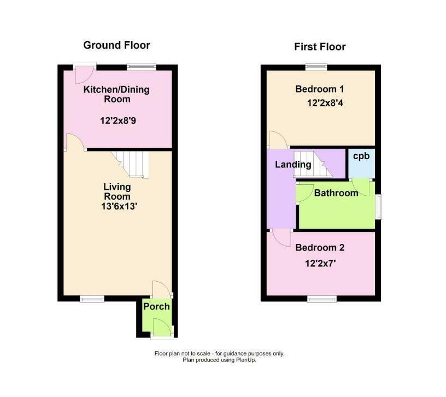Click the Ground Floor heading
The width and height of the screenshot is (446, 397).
click(116, 45)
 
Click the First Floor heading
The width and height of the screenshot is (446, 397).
click(320, 46)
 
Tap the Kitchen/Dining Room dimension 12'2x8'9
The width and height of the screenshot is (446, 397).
click(118, 121)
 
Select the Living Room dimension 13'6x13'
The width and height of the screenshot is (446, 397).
click(119, 206)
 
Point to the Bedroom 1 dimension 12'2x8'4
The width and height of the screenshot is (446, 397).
click(325, 103)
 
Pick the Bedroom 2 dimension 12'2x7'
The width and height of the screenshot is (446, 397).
click(320, 264)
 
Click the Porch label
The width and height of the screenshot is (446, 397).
click(156, 307)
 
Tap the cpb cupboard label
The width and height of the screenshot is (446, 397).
click(361, 156)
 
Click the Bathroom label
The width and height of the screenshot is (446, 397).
click(336, 193)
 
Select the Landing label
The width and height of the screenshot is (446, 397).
click(293, 165)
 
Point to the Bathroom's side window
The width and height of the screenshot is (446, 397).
click(378, 207)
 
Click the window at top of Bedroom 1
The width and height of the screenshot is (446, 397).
click(316, 67)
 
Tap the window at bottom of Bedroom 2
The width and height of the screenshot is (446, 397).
click(322, 299)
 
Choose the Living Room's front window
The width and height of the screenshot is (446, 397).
click(92, 299)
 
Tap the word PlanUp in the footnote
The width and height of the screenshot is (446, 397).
click(246, 360)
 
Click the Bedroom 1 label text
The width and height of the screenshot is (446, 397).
click(319, 89)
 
